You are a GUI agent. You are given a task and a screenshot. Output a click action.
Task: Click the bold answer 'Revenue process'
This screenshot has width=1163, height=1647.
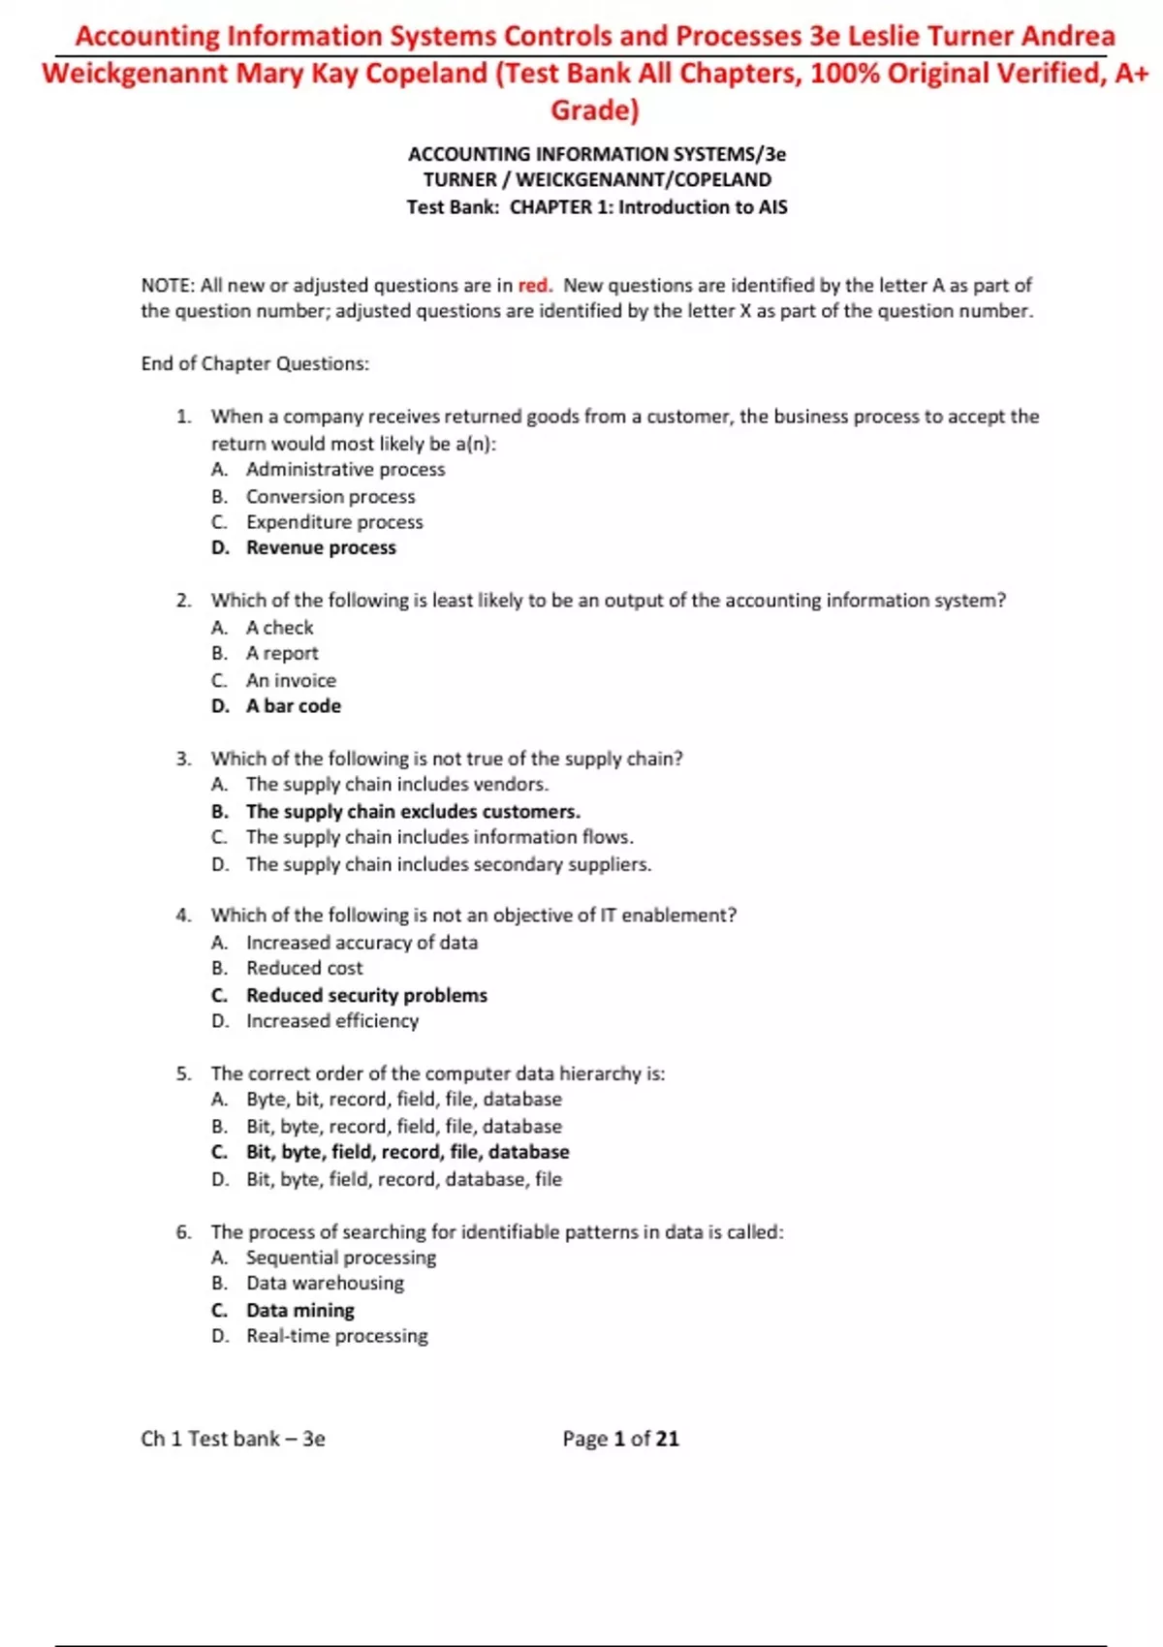pos(321,548)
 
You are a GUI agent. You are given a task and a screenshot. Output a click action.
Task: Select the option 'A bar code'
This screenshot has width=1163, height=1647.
pos(293,706)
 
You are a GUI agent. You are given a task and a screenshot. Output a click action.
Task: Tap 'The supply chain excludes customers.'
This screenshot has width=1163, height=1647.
pos(413,812)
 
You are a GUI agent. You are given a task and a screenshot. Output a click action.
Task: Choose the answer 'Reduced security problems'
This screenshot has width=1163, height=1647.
pos(366,995)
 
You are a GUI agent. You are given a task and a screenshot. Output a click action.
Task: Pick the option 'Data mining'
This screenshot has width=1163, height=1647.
pos(299,1310)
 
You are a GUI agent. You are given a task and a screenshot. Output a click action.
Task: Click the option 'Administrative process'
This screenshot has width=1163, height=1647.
pos(345,470)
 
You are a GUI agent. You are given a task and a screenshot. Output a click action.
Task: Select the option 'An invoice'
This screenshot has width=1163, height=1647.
pos(291,680)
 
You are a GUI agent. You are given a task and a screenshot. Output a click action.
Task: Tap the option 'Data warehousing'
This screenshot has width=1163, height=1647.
pos(325,1284)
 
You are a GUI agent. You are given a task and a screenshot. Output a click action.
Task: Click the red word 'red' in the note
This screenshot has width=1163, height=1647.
pos(533,286)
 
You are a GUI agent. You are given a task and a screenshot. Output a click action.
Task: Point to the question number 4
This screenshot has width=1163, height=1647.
pos(183,916)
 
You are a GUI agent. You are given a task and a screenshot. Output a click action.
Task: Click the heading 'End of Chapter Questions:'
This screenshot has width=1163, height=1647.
pos(255,364)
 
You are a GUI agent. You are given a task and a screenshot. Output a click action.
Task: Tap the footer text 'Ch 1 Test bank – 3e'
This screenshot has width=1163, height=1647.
pos(233,1439)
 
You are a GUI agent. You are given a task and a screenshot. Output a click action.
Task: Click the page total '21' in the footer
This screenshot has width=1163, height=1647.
pos(667,1439)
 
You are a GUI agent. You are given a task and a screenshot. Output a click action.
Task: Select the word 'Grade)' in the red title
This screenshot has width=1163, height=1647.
pos(595,110)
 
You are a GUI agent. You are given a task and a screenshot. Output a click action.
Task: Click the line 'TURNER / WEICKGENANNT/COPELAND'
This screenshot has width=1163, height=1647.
pos(597,180)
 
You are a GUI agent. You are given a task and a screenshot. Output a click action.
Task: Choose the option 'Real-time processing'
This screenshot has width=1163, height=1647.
pos(336,1336)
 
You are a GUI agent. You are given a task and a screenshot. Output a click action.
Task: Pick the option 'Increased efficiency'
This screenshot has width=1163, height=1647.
pos(332,1021)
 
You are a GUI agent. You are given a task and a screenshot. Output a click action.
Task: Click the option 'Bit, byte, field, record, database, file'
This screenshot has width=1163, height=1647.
pos(403,1179)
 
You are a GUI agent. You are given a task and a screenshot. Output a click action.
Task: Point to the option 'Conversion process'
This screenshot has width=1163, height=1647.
pos(330,497)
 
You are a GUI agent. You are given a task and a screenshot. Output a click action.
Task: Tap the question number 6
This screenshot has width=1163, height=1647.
pos(183,1232)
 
